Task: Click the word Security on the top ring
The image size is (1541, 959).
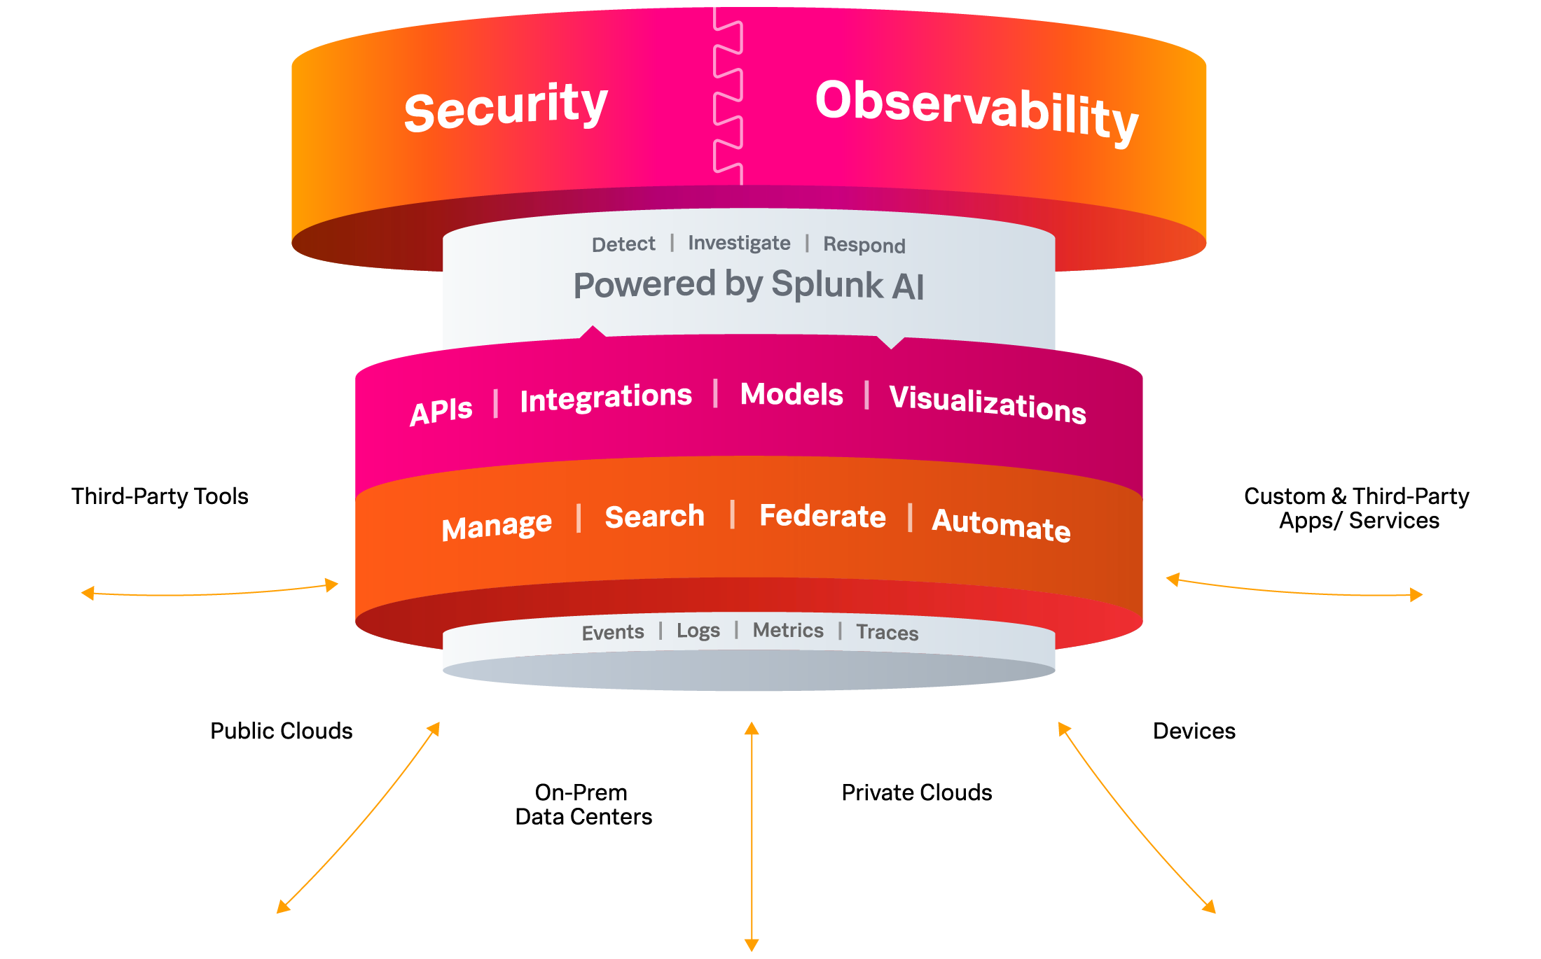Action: [506, 106]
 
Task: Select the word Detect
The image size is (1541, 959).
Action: [623, 244]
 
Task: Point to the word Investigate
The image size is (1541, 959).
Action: [739, 243]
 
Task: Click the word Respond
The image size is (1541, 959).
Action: [864, 245]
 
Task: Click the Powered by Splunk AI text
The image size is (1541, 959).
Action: [749, 285]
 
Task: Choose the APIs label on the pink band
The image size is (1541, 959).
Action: [441, 412]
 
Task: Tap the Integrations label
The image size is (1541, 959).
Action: [606, 398]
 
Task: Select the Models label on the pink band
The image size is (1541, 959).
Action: [792, 394]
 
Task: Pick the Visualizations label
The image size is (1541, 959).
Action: [988, 404]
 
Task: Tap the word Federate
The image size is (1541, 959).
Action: [822, 516]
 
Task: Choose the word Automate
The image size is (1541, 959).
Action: [1001, 525]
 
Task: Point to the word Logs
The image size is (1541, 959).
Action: [698, 631]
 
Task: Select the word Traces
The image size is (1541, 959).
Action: [887, 632]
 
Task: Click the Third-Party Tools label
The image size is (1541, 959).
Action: [160, 496]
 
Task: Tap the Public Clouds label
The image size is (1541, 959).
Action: [282, 731]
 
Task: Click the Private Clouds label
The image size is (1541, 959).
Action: [917, 792]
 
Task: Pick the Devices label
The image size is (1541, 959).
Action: [1194, 731]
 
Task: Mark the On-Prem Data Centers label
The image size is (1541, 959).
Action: [583, 805]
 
